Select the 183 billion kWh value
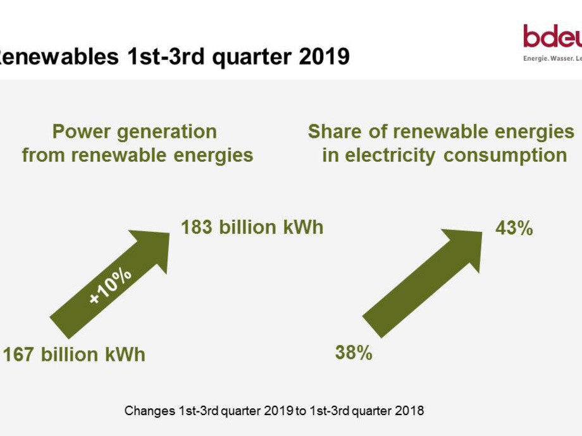click(x=252, y=227)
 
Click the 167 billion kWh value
click(x=74, y=354)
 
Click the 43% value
click(x=514, y=228)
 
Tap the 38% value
click(x=354, y=353)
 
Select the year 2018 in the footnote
click(x=410, y=411)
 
